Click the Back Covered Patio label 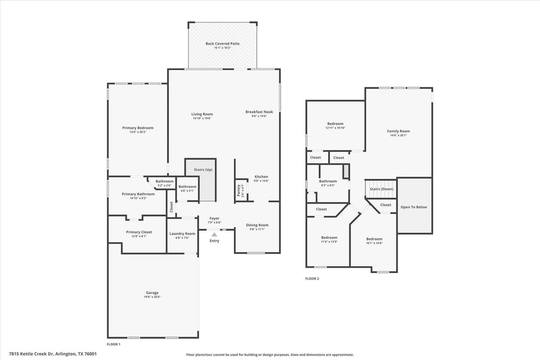click(222, 44)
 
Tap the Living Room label click(202, 114)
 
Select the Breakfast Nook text click(259, 112)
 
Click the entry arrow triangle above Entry click(215, 234)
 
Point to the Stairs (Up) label click(203, 170)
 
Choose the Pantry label click(238, 190)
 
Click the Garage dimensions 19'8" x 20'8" click(152, 297)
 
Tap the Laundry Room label click(182, 234)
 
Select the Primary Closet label click(139, 232)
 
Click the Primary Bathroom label click(138, 194)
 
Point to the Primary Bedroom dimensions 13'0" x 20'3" click(138, 132)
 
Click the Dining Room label click(257, 225)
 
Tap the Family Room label click(398, 131)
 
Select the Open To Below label click(414, 207)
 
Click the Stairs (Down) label click(382, 189)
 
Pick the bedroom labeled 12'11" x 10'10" click(335, 124)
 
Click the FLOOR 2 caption click(312, 279)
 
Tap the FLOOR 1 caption click(113, 344)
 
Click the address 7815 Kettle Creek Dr click(53, 354)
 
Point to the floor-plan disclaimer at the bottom click(270, 355)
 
